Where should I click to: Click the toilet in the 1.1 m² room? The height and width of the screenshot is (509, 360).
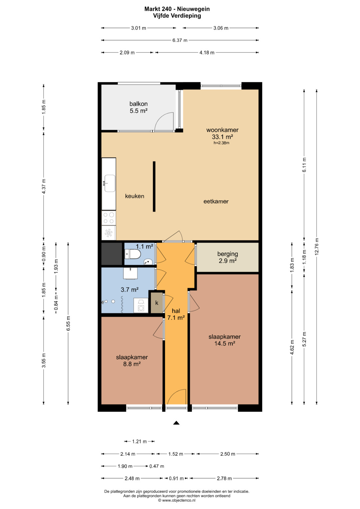point(133,254)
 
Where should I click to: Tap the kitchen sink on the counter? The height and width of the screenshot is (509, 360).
point(110,183)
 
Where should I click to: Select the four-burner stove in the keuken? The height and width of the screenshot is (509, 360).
point(109,218)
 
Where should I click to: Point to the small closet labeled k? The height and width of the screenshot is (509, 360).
point(157,303)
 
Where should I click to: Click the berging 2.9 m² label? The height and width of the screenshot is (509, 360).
point(228,257)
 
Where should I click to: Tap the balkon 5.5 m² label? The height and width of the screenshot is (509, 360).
point(138,107)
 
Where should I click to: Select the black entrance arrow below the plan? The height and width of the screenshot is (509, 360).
point(176,423)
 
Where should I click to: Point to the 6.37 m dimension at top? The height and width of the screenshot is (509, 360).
point(180,40)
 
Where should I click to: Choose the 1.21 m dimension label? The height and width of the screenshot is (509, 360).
point(139,442)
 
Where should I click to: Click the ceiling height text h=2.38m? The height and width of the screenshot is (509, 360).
point(221,143)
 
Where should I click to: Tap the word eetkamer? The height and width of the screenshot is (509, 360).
point(216,201)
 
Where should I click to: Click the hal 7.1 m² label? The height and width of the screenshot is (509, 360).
point(176,314)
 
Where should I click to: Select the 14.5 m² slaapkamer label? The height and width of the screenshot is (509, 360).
point(225,340)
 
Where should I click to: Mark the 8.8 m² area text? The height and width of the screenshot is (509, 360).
point(132,364)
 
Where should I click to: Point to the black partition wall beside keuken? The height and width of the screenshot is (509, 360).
point(154,186)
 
